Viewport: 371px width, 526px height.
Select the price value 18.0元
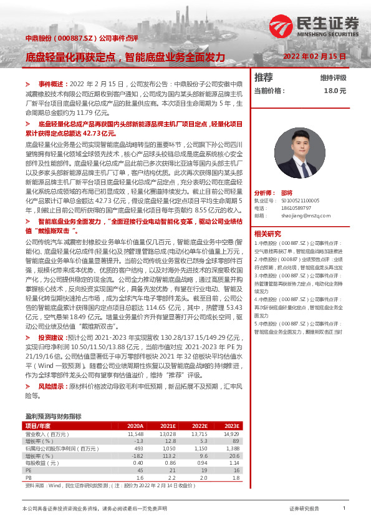click(x=334, y=91)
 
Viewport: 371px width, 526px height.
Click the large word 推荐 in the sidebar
click(x=264, y=77)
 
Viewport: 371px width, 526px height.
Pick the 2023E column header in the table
click(x=230, y=426)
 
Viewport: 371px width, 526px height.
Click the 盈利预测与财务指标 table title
click(x=53, y=415)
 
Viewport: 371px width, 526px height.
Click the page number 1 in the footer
click(x=344, y=509)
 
